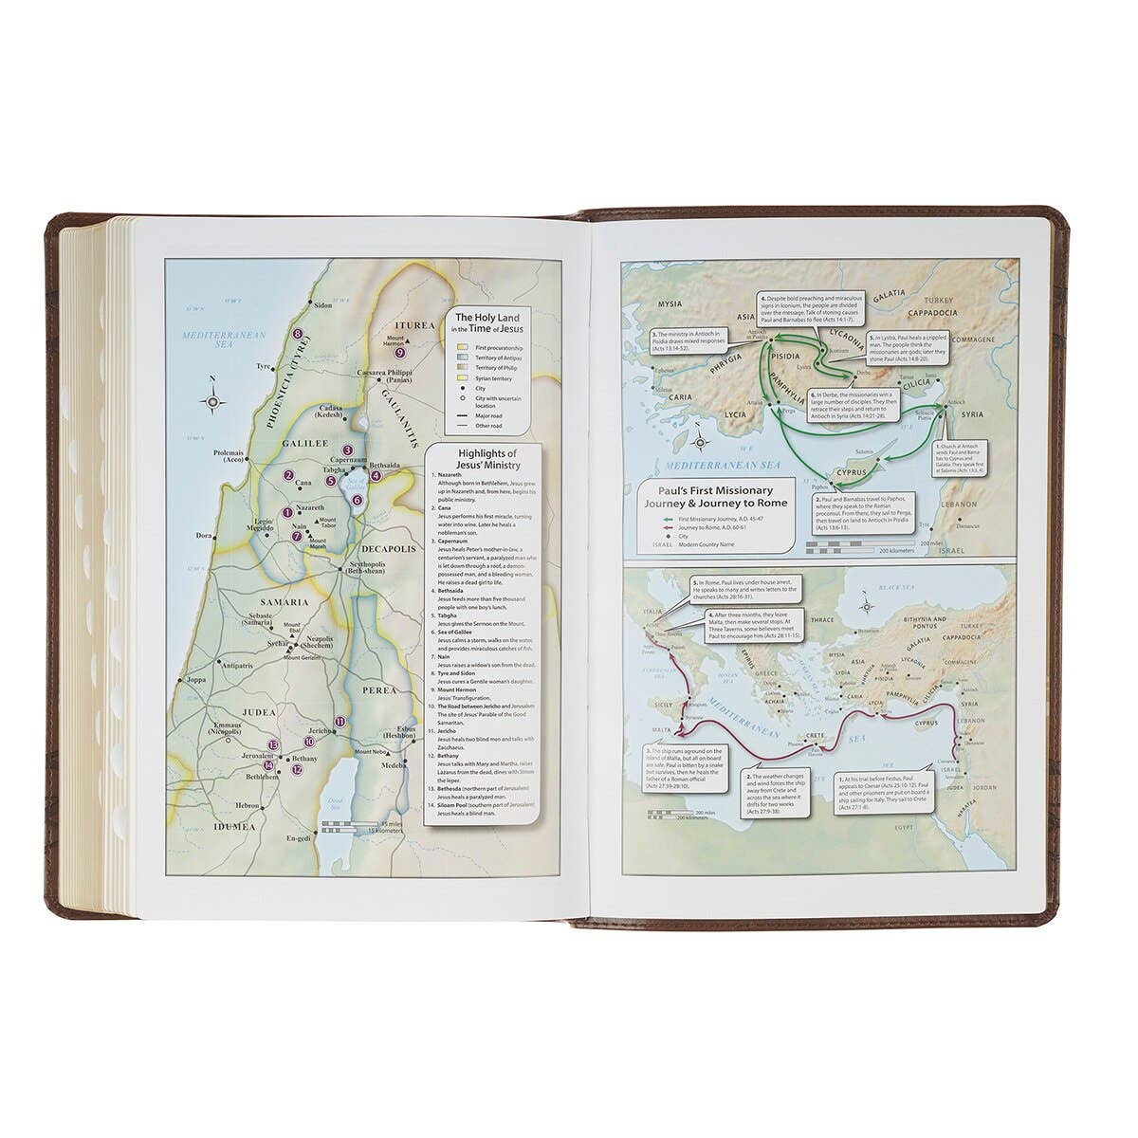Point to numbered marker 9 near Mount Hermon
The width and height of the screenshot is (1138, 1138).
tap(400, 353)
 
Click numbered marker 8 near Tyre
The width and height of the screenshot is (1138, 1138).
tap(298, 333)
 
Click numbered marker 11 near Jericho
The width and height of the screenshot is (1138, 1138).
tap(340, 723)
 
